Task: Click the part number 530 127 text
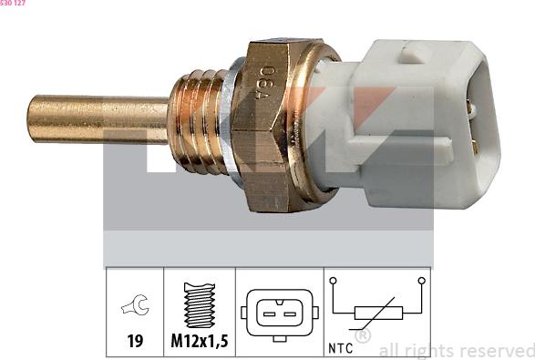(x=13, y=3)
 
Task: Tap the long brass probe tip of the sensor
(x=98, y=119)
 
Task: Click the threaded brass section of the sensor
(x=197, y=121)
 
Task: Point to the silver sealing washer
(x=231, y=123)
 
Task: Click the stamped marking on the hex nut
(x=265, y=83)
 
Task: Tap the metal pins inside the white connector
(x=471, y=127)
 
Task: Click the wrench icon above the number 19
(x=136, y=304)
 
